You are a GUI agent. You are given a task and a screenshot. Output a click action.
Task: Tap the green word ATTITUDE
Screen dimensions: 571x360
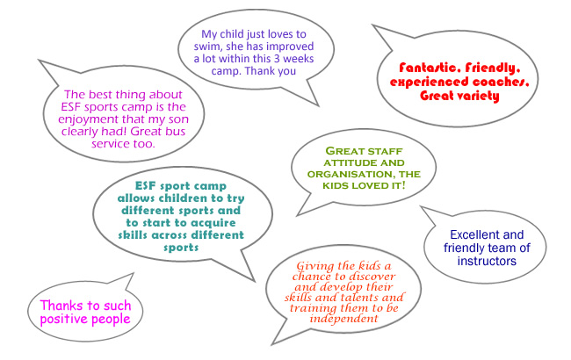pos(346,162)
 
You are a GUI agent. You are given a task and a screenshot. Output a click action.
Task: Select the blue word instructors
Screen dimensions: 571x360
pos(487,261)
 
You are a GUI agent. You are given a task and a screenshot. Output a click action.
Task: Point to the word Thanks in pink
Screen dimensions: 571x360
pos(60,306)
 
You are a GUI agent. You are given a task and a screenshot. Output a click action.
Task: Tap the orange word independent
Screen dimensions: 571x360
pos(343,319)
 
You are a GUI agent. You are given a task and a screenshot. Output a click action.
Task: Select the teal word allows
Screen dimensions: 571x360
pos(136,198)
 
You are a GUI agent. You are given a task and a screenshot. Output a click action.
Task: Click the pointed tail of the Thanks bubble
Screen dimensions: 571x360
pos(134,273)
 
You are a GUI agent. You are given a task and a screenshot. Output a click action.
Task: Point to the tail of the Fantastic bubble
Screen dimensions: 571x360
pos(372,25)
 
